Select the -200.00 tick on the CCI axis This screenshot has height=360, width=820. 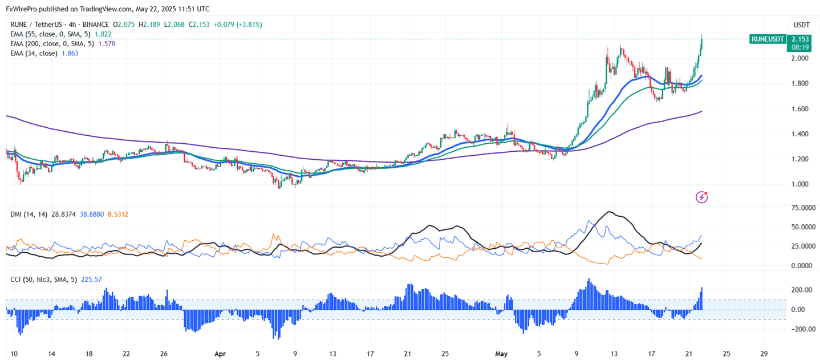click(x=801, y=329)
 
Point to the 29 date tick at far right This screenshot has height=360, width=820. click(x=765, y=353)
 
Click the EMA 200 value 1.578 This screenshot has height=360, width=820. click(x=107, y=44)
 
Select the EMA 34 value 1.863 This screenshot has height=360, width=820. click(x=70, y=53)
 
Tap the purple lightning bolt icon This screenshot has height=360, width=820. click(x=702, y=197)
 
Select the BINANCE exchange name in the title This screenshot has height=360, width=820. click(x=96, y=25)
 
